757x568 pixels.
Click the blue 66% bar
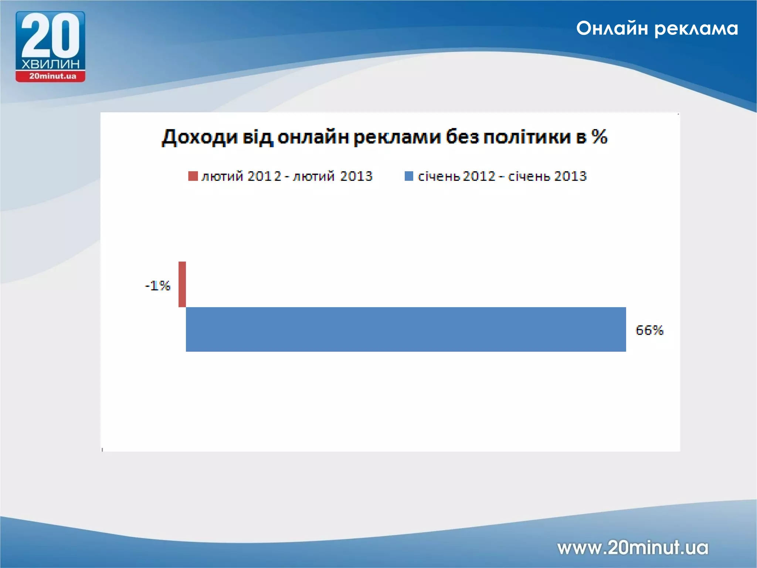click(406, 329)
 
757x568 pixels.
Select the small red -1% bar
click(182, 284)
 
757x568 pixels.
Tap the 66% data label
click(649, 330)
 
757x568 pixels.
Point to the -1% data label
click(158, 286)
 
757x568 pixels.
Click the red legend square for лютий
click(193, 176)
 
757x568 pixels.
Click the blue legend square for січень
click(409, 176)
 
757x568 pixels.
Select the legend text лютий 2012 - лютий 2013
click(287, 176)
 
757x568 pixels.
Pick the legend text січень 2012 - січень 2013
click(502, 176)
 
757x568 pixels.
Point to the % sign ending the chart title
click(599, 137)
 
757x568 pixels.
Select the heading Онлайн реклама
click(657, 28)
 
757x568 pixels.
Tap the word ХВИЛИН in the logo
click(50, 64)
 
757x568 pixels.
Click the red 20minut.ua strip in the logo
click(51, 77)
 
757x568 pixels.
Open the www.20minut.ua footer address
click(633, 548)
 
